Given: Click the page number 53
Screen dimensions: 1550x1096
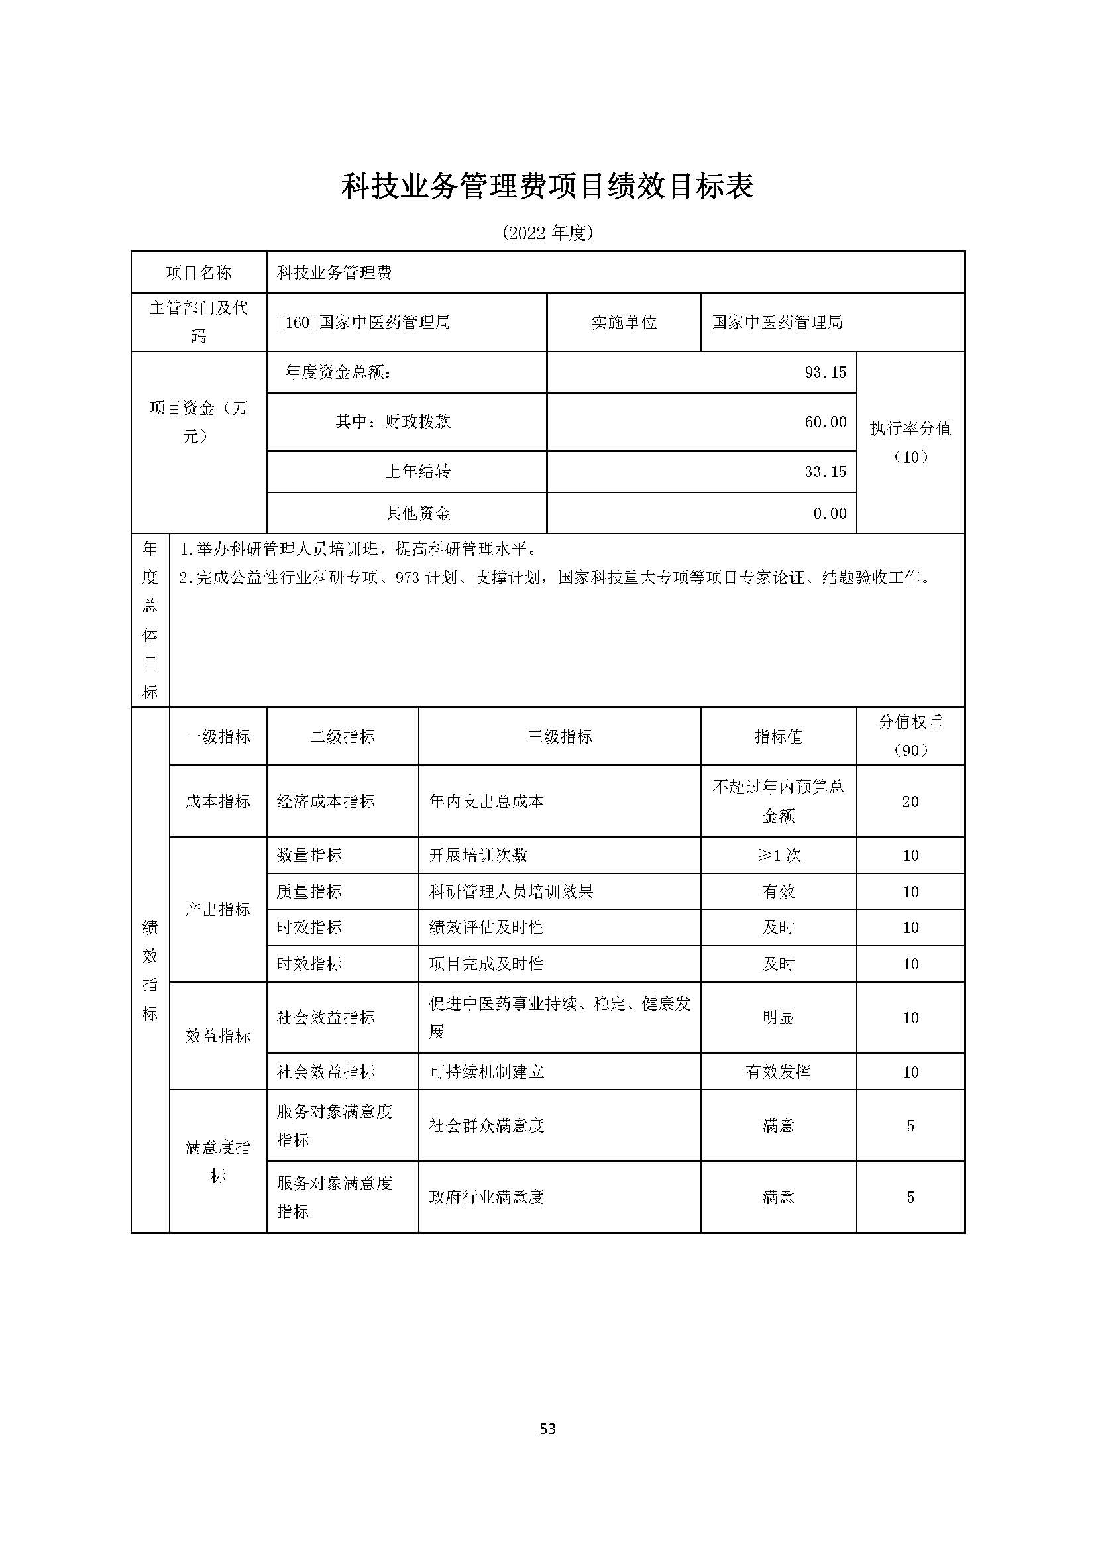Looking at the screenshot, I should (x=547, y=1429).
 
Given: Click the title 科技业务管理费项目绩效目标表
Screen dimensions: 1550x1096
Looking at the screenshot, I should (x=547, y=186).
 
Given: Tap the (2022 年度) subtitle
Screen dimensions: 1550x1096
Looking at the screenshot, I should (x=547, y=233).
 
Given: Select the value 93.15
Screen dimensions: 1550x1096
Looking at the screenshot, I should (x=825, y=372).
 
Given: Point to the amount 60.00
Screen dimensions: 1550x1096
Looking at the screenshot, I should (x=825, y=422).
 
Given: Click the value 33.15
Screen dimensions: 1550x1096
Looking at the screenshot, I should (x=825, y=471).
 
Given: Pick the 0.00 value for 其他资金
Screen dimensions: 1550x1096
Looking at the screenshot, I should (x=830, y=513).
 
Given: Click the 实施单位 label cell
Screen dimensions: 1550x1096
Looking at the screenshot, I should (x=624, y=323).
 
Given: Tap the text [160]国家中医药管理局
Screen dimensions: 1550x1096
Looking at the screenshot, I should (x=364, y=323).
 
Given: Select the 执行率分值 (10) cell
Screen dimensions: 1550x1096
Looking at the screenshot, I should (x=910, y=442).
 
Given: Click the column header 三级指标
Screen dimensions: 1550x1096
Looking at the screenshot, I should (x=559, y=736).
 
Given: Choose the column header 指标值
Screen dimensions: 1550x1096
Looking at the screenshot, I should (x=778, y=736).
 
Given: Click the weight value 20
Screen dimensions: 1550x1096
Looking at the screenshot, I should (x=910, y=801).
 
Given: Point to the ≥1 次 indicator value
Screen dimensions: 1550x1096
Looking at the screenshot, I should (x=778, y=856).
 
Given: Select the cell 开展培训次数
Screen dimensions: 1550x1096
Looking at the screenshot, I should (x=478, y=856).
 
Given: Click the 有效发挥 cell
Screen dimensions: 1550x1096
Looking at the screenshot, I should (x=778, y=1072).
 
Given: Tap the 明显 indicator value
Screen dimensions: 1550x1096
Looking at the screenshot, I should (x=778, y=1017).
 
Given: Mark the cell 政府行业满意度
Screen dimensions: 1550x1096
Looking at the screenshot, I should (x=486, y=1197).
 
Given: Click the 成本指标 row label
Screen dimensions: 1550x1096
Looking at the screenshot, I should (x=217, y=801).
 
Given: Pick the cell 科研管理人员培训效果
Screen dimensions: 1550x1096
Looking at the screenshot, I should (x=511, y=892).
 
